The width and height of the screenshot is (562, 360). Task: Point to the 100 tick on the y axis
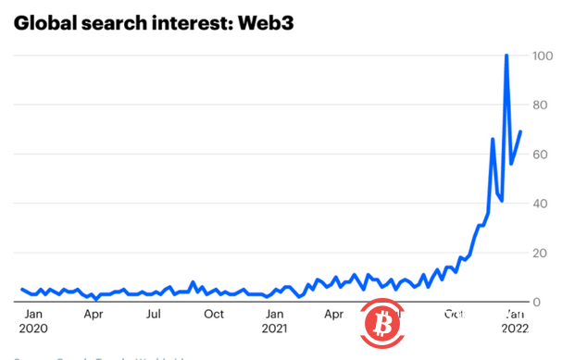click(x=542, y=56)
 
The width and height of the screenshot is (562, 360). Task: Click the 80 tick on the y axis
click(x=542, y=106)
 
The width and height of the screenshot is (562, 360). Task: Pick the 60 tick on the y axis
click(x=542, y=155)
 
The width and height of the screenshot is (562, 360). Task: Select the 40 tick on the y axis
click(x=542, y=204)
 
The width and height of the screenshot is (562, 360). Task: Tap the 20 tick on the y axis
click(x=542, y=253)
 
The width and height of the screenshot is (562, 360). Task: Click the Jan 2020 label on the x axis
click(x=32, y=320)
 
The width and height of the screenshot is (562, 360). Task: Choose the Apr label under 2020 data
click(x=93, y=314)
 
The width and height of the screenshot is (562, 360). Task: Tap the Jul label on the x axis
click(x=154, y=314)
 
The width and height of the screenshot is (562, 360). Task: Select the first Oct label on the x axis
click(x=214, y=314)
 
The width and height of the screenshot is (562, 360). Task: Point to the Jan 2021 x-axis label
click(x=274, y=320)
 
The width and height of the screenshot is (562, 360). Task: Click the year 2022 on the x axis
click(x=516, y=328)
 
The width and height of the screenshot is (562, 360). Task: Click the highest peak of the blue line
click(x=506, y=56)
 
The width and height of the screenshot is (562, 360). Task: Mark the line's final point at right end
click(x=521, y=131)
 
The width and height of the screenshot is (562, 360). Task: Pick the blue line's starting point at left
click(x=21, y=289)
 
